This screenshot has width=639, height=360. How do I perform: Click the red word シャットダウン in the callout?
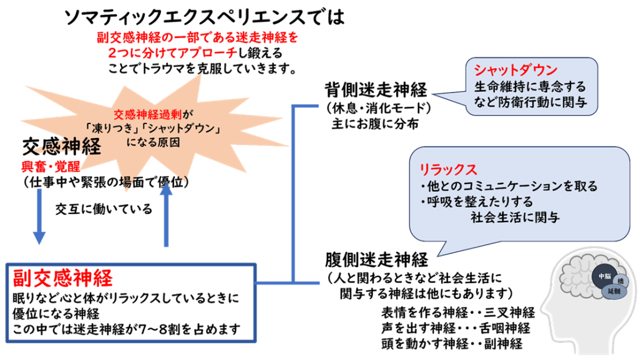coord(515,69)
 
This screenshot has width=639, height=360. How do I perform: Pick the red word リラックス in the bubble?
coord(448,169)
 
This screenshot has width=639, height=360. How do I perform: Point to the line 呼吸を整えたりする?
coord(476,202)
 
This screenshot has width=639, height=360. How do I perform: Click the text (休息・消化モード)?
coord(378,107)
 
